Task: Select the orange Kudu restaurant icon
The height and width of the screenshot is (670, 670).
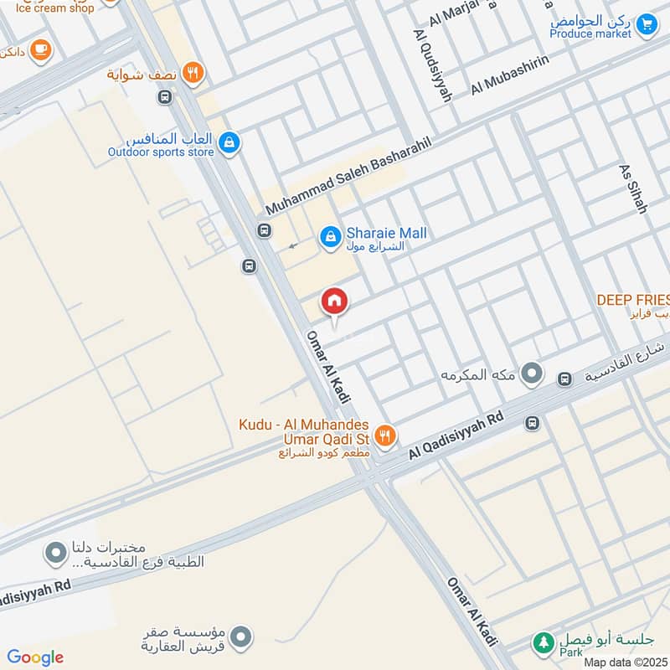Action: click(x=384, y=434)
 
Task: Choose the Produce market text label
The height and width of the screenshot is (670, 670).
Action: click(x=590, y=33)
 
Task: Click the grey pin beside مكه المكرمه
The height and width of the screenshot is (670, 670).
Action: click(x=531, y=374)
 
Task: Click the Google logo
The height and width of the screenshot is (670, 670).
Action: click(x=35, y=657)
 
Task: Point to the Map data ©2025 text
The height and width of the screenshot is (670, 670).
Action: click(x=625, y=662)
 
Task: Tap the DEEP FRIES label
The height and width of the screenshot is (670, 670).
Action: click(x=632, y=299)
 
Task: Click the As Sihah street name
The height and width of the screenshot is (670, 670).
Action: click(x=633, y=188)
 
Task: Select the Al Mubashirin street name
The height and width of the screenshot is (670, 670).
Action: click(x=509, y=76)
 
